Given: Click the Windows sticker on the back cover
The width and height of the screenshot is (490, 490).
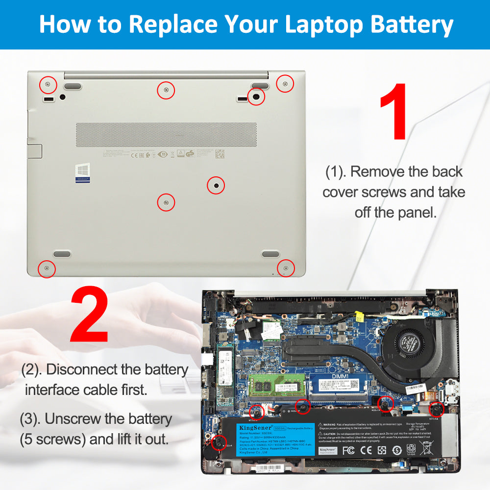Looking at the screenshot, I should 82,173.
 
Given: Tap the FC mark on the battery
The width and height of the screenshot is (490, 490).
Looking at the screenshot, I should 348,449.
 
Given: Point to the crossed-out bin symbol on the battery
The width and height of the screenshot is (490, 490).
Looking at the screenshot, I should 426,448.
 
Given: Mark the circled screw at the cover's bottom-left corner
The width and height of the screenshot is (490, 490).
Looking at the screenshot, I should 47,269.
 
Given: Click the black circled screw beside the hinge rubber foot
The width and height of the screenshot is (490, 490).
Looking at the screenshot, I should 255,97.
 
